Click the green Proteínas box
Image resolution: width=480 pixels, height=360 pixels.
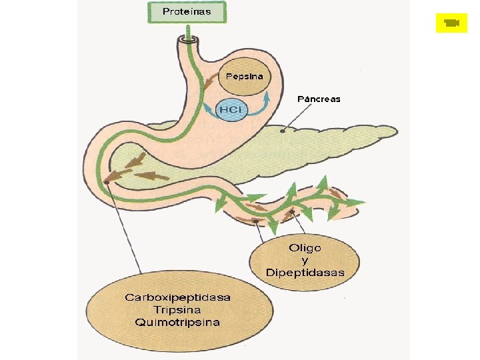pyautogui.click(x=187, y=12)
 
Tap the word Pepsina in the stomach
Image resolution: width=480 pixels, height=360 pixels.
pyautogui.click(x=244, y=76)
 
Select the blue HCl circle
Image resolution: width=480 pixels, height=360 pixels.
pyautogui.click(x=231, y=109)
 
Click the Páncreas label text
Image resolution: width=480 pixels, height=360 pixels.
pyautogui.click(x=319, y=99)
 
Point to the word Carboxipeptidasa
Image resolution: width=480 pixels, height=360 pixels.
pyautogui.click(x=177, y=297)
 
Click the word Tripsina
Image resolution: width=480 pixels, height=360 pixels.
pyautogui.click(x=177, y=310)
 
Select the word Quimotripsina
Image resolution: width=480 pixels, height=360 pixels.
pyautogui.click(x=177, y=322)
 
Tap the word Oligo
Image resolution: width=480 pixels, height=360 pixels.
pyautogui.click(x=305, y=247)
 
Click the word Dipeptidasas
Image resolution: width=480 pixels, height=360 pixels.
pyautogui.click(x=305, y=273)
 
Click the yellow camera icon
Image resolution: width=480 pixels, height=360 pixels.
pyautogui.click(x=451, y=23)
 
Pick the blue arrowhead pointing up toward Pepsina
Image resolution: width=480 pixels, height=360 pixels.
pyautogui.click(x=267, y=95)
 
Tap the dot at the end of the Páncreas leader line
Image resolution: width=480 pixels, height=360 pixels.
pyautogui.click(x=282, y=131)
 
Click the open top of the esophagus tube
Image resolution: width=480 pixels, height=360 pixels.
pyautogui.click(x=187, y=39)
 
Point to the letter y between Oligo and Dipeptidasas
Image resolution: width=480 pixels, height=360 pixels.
pyautogui.click(x=305, y=261)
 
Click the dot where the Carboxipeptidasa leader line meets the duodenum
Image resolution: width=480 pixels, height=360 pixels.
pyautogui.click(x=107, y=183)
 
